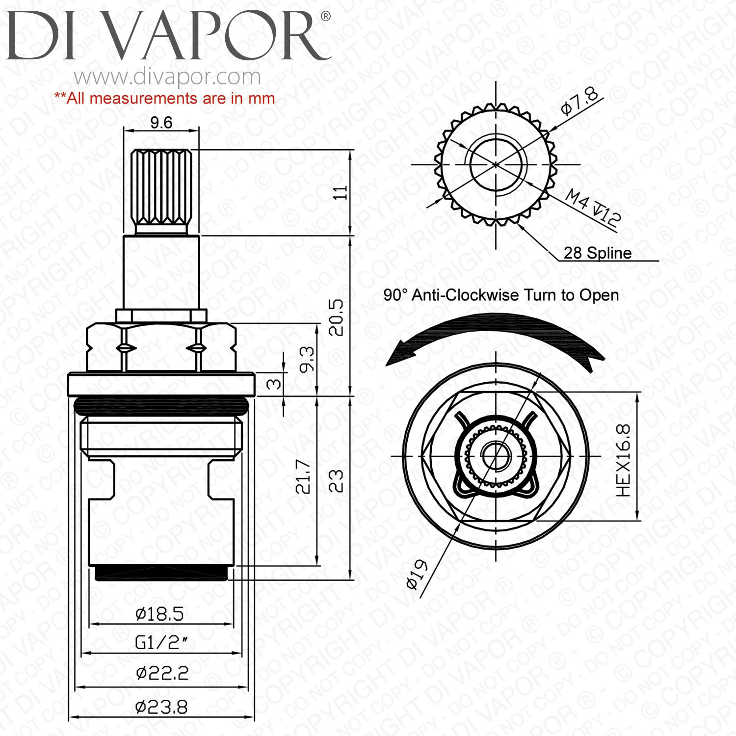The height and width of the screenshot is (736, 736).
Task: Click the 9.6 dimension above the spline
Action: [x=161, y=122]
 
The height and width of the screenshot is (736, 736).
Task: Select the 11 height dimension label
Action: [x=340, y=192]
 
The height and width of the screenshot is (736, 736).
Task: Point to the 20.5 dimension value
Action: [x=336, y=317]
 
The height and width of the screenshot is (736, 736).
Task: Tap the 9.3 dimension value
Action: [x=307, y=359]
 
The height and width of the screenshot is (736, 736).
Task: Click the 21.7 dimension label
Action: [x=303, y=476]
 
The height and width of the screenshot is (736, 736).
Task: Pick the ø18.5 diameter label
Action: [x=160, y=614]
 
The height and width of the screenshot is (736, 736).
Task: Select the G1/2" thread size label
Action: [x=161, y=642]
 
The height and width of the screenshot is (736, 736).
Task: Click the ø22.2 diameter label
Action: [x=162, y=673]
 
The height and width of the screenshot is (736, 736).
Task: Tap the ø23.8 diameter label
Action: [x=161, y=707]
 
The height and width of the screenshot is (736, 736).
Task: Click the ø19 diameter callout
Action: [x=418, y=574]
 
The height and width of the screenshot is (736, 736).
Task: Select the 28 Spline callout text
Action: [x=597, y=253]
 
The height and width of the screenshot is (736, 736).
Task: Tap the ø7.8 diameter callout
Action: [x=579, y=101]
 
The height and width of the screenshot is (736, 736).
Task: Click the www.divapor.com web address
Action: [x=167, y=77]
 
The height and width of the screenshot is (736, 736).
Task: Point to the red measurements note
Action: [x=164, y=99]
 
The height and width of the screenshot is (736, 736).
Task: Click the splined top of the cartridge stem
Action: [x=161, y=187]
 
